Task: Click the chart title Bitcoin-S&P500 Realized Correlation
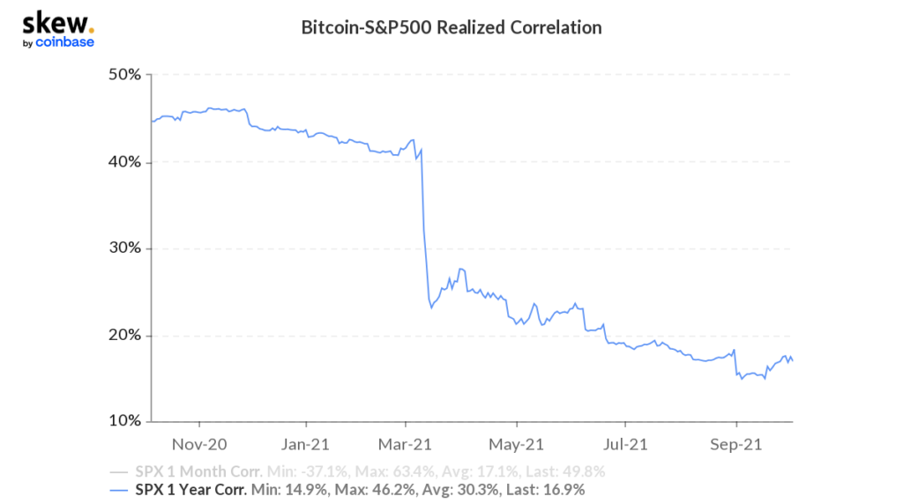(451, 27)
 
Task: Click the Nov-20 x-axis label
(199, 443)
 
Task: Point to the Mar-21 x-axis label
(405, 443)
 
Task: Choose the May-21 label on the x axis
(515, 443)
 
